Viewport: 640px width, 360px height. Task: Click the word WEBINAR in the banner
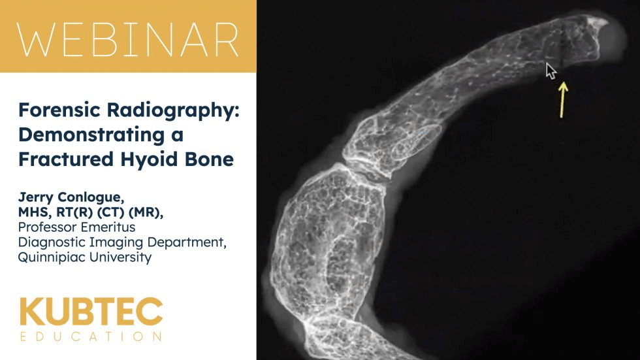pyautogui.click(x=128, y=39)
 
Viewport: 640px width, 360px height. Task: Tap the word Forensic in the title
pyautogui.click(x=59, y=110)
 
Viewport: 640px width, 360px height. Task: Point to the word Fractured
pyautogui.click(x=66, y=159)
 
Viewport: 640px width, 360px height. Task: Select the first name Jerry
pyautogui.click(x=36, y=198)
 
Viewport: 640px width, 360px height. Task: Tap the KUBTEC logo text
pyautogui.click(x=91, y=312)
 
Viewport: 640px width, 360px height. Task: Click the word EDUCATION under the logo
pyautogui.click(x=91, y=336)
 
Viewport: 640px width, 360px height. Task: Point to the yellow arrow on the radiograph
pyautogui.click(x=563, y=100)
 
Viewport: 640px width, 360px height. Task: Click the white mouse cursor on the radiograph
pyautogui.click(x=551, y=71)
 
